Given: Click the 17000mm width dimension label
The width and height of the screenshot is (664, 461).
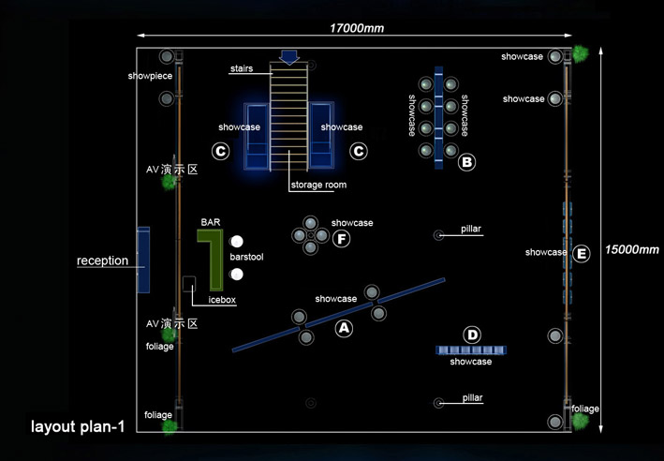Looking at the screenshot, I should click(x=357, y=28).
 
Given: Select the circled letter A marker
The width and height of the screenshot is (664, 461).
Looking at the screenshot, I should click(x=344, y=328).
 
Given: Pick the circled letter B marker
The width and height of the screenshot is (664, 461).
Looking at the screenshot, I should click(x=466, y=162).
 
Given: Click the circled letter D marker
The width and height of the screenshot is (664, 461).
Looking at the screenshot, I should click(x=472, y=335).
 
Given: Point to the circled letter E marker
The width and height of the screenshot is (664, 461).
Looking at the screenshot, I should click(x=582, y=253).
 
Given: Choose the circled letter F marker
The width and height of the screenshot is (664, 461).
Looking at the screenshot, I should click(x=342, y=239).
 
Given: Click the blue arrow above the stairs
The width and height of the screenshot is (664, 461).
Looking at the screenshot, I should click(x=289, y=56).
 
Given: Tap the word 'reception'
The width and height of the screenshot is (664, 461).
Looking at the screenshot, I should click(x=102, y=260).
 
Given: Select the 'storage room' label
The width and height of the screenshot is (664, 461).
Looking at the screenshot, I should click(x=317, y=186).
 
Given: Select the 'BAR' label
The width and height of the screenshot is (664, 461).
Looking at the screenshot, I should click(x=210, y=222).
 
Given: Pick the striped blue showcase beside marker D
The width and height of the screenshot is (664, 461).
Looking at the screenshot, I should click(x=471, y=349).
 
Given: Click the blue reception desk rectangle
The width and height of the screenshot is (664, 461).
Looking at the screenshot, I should click(x=143, y=260).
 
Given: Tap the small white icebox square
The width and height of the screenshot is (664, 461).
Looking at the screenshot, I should click(x=188, y=282).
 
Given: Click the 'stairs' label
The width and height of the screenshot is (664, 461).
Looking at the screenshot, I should click(x=242, y=68).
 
